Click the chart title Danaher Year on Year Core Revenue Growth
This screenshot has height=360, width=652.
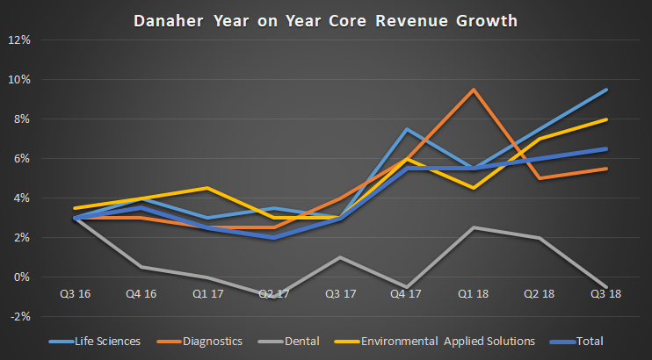click(x=326, y=18)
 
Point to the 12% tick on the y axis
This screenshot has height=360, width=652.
click(x=19, y=40)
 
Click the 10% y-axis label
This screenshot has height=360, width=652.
click(x=19, y=79)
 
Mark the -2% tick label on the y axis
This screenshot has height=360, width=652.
click(x=19, y=317)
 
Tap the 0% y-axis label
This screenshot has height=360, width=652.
click(x=22, y=277)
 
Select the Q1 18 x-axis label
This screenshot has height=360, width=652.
click(x=474, y=293)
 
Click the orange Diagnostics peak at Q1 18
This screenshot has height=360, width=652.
click(x=474, y=90)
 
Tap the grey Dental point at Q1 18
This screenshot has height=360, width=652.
click(x=474, y=227)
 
